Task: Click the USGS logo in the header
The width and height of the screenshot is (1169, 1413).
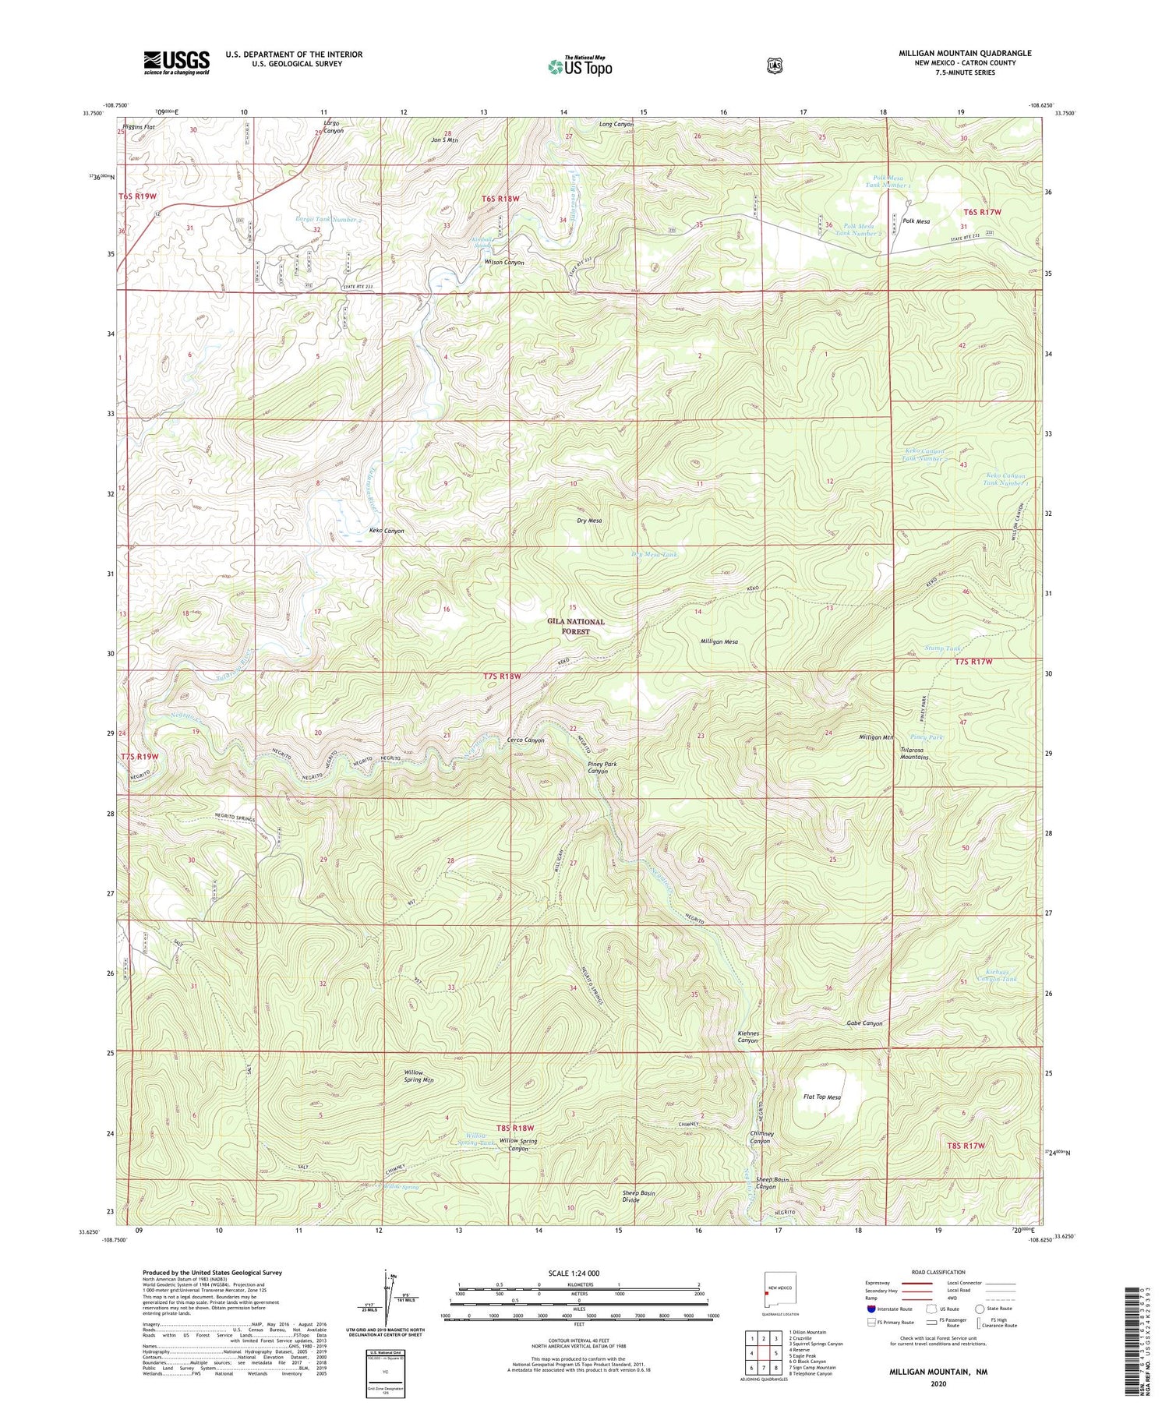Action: [x=176, y=62]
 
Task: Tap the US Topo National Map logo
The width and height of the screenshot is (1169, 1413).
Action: [x=581, y=66]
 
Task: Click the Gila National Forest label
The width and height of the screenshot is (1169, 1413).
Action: [x=576, y=627]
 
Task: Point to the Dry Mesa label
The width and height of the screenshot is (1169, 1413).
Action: [x=589, y=521]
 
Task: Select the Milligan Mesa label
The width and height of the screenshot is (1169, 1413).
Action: [x=719, y=642]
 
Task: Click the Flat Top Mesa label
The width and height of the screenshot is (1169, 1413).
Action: [x=822, y=1097]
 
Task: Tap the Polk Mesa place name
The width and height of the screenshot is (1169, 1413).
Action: [x=916, y=221]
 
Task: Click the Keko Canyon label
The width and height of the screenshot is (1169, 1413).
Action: [x=387, y=531]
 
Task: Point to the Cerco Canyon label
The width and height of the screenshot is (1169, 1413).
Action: [x=526, y=740]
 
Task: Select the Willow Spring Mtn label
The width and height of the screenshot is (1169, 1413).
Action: [x=419, y=1076]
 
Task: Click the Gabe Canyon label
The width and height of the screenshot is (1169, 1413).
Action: [x=864, y=1023]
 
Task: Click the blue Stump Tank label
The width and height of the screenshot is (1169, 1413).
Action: [x=942, y=648]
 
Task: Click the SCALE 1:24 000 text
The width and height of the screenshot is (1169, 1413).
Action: [x=578, y=1273]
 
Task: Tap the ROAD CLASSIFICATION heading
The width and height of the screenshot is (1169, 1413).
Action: [x=938, y=1272]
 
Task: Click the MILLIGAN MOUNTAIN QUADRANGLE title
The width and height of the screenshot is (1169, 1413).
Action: [x=965, y=53]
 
